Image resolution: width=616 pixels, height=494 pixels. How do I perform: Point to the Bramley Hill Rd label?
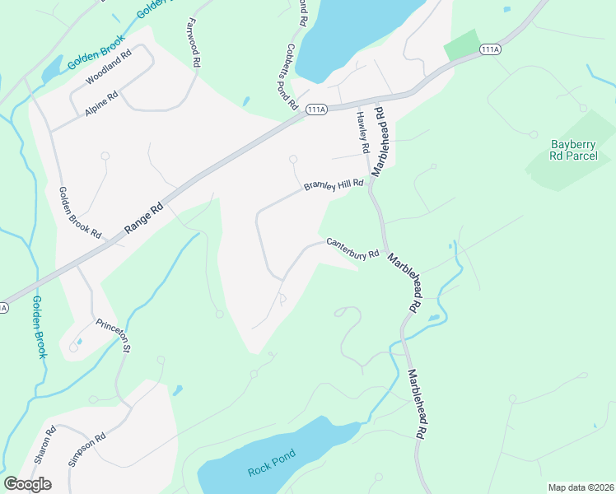pyautogui.click(x=334, y=185)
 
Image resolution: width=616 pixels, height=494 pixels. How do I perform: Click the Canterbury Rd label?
pyautogui.click(x=352, y=249)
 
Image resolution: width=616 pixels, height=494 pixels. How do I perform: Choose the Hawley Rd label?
pyautogui.click(x=362, y=132)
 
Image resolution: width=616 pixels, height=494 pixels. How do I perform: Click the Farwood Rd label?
pyautogui.click(x=194, y=42)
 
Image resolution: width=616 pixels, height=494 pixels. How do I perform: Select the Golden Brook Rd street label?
pyautogui.click(x=79, y=213)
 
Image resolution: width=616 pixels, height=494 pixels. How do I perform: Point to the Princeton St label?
pyautogui.click(x=113, y=335)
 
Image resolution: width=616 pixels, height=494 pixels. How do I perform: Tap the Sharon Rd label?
pyautogui.click(x=46, y=445)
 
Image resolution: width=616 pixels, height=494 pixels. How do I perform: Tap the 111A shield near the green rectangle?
pyautogui.click(x=490, y=50)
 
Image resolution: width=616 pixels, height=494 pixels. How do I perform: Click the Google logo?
pyautogui.click(x=27, y=483)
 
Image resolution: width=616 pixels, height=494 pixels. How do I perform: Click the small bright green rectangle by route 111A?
pyautogui.click(x=461, y=44)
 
